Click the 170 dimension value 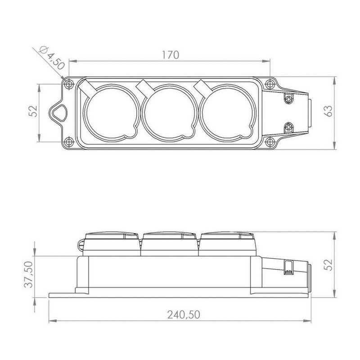click(x=170, y=55)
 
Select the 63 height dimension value click(x=328, y=111)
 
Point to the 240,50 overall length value click(x=184, y=315)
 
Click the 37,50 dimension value click(x=29, y=274)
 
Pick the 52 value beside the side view click(x=328, y=265)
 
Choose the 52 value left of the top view click(x=33, y=111)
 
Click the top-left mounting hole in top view click(x=69, y=84)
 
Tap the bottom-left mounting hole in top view click(x=69, y=142)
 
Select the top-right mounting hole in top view click(x=270, y=84)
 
